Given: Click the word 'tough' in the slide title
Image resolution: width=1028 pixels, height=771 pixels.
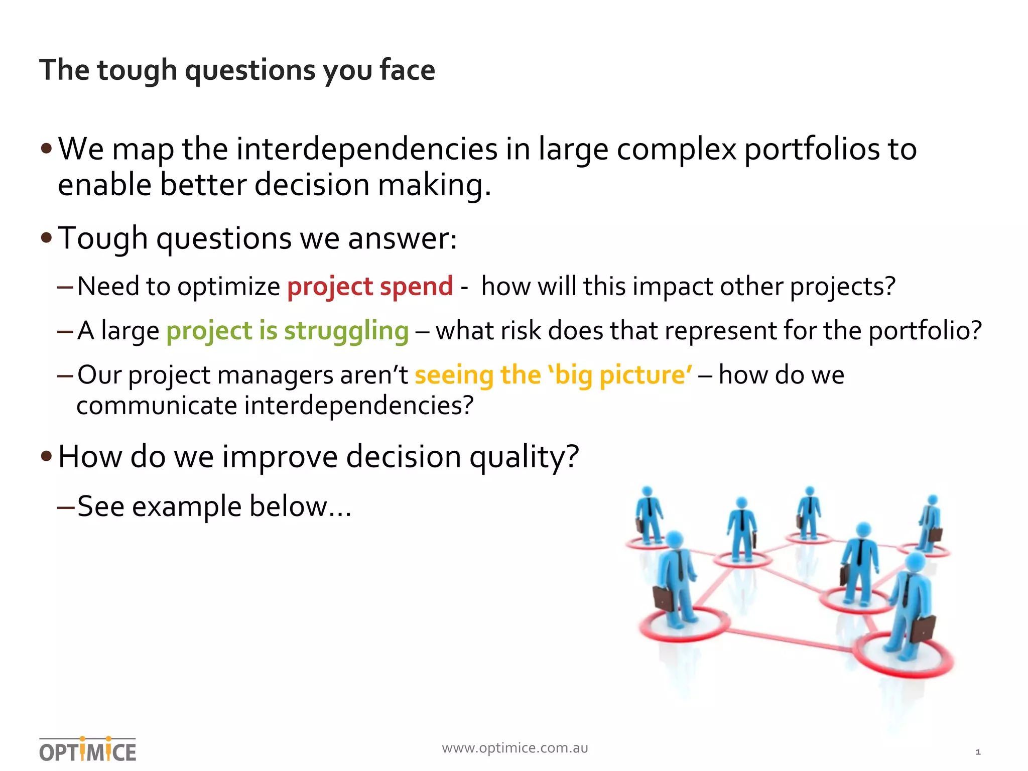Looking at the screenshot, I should [x=137, y=70].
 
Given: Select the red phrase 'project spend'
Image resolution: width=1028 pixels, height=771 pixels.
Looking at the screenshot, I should [x=370, y=287].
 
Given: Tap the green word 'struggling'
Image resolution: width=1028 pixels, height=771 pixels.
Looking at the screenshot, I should [x=346, y=331].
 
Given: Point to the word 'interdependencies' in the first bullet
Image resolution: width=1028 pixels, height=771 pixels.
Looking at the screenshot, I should [x=367, y=150].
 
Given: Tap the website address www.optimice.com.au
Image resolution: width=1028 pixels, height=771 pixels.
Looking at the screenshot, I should [x=515, y=748].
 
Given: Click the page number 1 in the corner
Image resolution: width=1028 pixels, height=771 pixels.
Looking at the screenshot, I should [x=977, y=752].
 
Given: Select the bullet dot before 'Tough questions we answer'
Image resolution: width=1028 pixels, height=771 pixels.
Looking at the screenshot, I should [x=47, y=238].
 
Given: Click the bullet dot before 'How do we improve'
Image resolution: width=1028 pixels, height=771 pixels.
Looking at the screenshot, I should [x=47, y=456].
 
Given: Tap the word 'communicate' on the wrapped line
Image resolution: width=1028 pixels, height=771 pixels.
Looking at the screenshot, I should [x=156, y=406].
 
